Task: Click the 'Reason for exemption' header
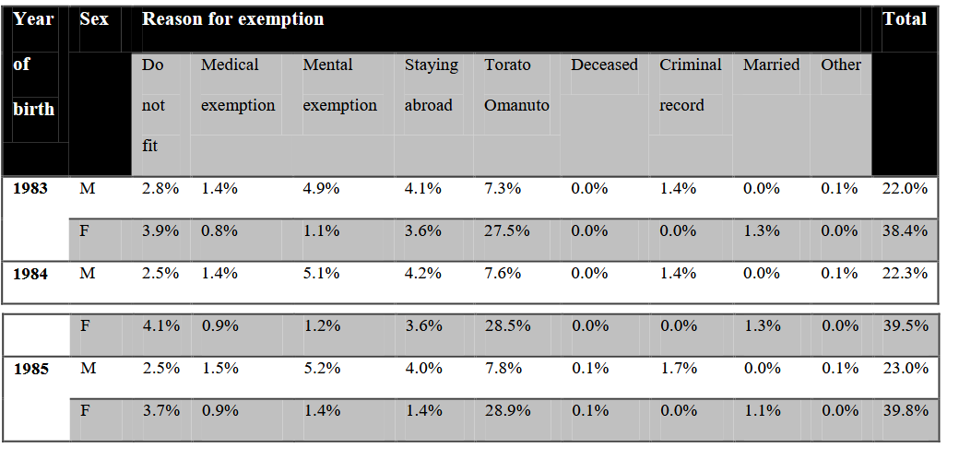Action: point(233,19)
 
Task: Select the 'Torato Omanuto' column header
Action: point(516,85)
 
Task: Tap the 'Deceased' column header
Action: point(604,65)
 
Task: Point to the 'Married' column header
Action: point(771,65)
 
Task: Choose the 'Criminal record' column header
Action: point(691,85)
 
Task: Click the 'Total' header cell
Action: point(905,19)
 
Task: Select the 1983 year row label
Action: point(30,188)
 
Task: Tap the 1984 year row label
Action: point(30,274)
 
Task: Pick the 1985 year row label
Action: point(30,370)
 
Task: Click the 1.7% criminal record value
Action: point(678,368)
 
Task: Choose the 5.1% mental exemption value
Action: point(321,273)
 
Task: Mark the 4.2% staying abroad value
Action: point(422,273)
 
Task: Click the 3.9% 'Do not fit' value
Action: point(160,231)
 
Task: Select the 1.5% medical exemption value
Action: point(219,368)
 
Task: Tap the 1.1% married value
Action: point(762,410)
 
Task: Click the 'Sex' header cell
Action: point(93,19)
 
